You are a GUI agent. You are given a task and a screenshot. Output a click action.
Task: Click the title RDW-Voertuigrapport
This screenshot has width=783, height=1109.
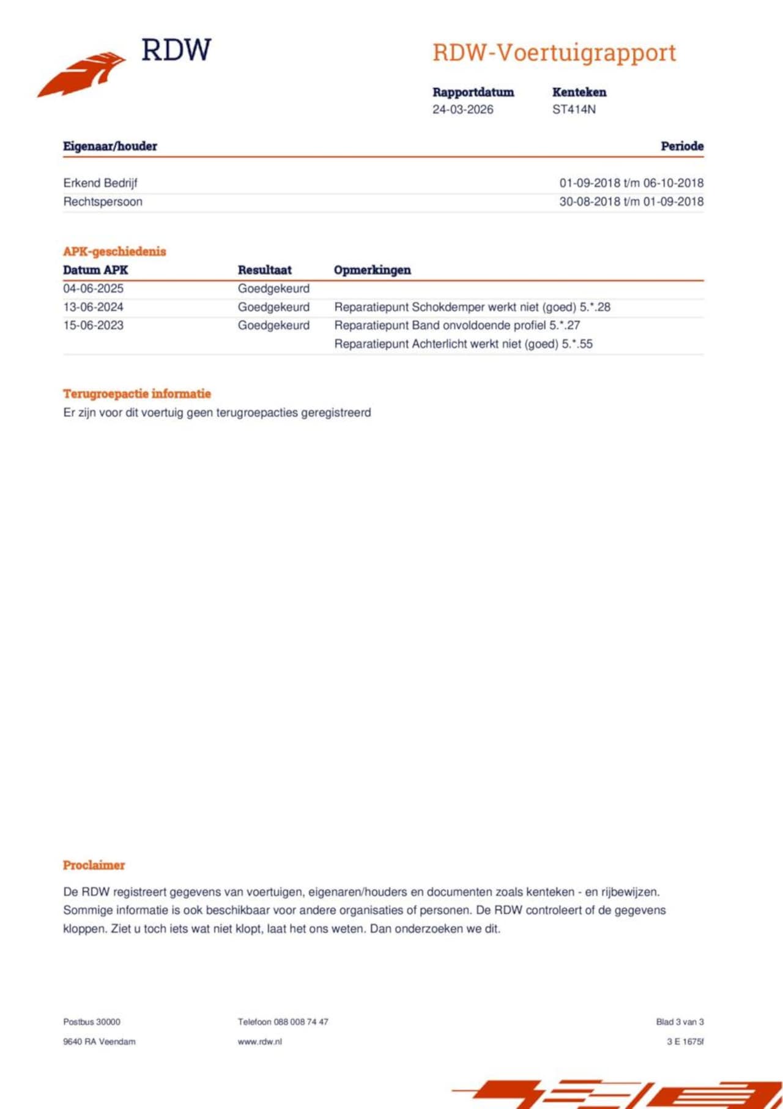click(554, 53)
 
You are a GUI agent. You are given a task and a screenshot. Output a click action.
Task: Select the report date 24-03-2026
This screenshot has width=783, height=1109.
click(462, 110)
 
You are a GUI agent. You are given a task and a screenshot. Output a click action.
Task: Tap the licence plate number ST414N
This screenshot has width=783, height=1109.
click(574, 110)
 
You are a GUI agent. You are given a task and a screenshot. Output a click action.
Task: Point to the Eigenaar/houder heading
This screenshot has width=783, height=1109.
click(110, 146)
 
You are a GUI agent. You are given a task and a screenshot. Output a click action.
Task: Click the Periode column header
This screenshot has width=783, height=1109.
click(681, 146)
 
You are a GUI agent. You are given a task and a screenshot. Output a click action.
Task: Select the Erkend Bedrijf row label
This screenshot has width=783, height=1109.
click(100, 183)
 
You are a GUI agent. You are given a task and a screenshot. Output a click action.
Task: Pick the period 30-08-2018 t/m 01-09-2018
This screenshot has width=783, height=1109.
click(631, 201)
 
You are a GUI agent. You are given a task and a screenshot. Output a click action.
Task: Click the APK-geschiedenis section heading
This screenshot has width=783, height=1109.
click(114, 252)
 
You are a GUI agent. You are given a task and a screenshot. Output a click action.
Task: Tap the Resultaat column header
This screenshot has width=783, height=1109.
click(265, 270)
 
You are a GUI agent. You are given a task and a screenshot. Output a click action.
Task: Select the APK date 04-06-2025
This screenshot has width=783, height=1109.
click(93, 288)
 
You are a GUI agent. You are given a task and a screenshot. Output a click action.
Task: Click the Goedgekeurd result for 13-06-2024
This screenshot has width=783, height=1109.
click(273, 307)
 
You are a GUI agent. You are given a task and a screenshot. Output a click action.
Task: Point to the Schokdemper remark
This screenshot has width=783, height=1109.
click(472, 307)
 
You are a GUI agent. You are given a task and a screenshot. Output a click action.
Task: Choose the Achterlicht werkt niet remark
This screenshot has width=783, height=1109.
click(463, 344)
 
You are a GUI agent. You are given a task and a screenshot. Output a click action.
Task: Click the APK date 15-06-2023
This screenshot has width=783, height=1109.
click(93, 325)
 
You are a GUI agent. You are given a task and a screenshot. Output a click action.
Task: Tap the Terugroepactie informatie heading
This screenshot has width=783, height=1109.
click(137, 394)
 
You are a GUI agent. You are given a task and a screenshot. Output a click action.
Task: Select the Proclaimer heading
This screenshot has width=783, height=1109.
click(94, 865)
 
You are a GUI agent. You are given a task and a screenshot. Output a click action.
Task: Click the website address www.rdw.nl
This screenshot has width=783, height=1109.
click(260, 1041)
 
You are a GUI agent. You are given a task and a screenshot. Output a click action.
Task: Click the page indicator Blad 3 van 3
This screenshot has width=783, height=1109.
click(680, 1021)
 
